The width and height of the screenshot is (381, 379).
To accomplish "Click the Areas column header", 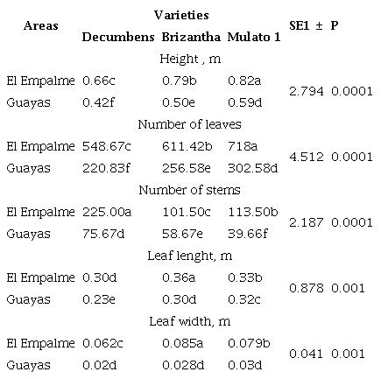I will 40,26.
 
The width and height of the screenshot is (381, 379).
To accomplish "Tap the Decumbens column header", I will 118,37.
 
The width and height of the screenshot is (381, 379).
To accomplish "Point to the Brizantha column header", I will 190,37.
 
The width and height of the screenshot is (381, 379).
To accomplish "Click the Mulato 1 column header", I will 252,37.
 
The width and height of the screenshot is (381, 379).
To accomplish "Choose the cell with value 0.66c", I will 95,81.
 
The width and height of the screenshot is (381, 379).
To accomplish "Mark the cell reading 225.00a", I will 106,212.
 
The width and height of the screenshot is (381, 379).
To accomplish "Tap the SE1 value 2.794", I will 306,91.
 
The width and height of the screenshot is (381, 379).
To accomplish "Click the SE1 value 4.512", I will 306,157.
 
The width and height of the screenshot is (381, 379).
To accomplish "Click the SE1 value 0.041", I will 306,354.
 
